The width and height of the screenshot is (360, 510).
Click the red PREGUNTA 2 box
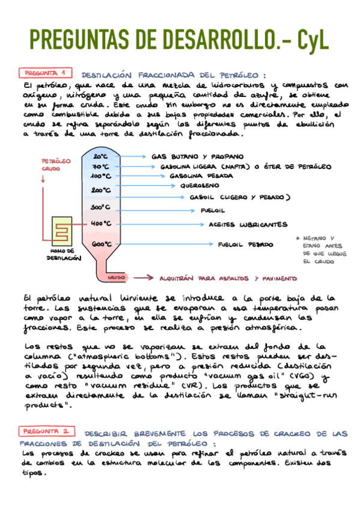click(47, 431)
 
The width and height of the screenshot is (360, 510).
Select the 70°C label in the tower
click(100, 167)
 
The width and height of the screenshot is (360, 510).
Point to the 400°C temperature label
click(101, 223)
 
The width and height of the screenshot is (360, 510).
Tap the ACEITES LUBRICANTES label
click(247, 224)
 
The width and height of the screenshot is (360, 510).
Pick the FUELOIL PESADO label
click(245, 245)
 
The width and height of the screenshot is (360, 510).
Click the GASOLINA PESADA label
click(196, 176)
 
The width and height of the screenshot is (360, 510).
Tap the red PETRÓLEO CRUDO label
click(55, 165)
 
